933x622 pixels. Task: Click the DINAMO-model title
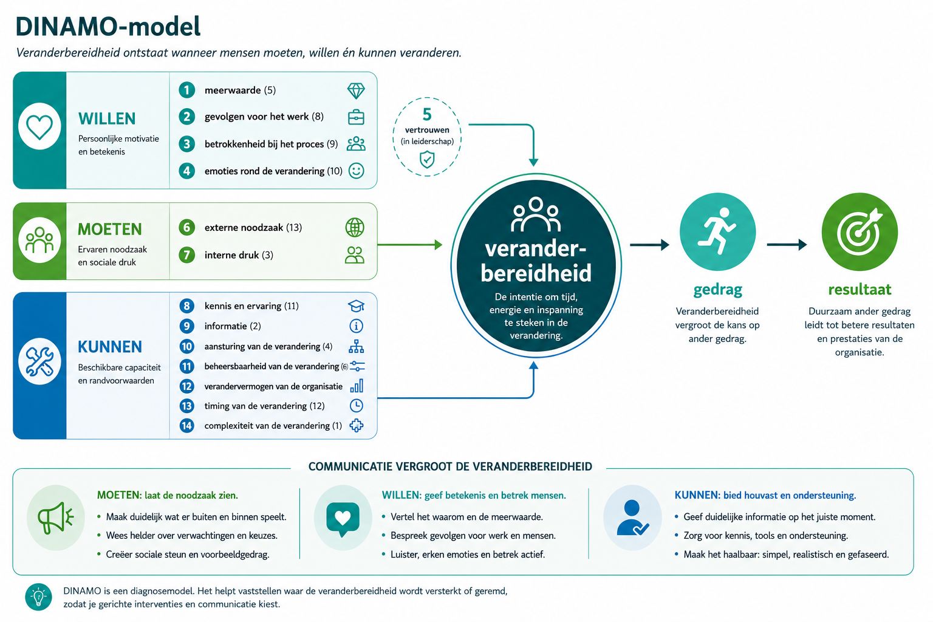coord(108,26)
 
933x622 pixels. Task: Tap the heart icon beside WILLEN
coord(39,126)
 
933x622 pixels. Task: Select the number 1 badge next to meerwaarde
coord(186,90)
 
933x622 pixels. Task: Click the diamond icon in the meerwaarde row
coord(356,91)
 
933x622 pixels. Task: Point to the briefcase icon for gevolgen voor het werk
coord(356,117)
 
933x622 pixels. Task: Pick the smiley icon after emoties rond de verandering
coord(356,171)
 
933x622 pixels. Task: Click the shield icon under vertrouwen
coord(427,160)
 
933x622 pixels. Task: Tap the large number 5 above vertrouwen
coord(427,114)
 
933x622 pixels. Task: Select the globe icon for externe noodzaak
coord(355,227)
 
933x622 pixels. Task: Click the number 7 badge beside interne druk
coord(186,255)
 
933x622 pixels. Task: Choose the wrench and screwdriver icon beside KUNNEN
coord(39,361)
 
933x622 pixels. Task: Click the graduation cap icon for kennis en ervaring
coord(356,306)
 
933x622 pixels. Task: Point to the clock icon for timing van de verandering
coord(356,406)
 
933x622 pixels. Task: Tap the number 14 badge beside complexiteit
coord(186,426)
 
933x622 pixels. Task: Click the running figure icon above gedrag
coord(717,232)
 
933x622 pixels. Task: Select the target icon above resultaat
coord(860,231)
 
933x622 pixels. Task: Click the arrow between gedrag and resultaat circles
coord(787,245)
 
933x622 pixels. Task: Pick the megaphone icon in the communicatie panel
coord(56,518)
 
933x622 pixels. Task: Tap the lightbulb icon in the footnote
coord(39,597)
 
